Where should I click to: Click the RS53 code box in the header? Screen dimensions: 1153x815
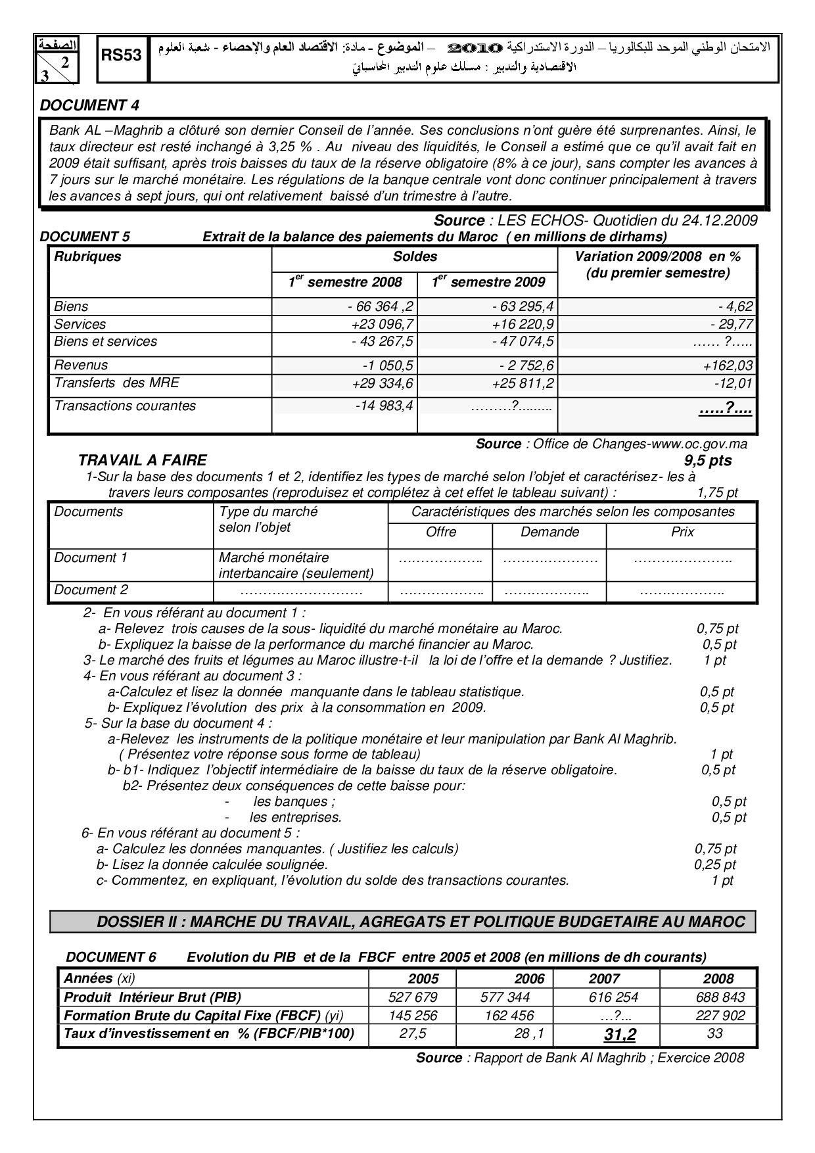122,57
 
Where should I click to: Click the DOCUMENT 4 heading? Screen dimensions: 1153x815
89,105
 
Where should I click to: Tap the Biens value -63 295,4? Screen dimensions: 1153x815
523,306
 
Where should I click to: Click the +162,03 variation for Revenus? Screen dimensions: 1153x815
727,365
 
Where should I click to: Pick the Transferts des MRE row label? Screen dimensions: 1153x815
116,383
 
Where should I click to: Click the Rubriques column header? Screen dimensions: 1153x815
87,257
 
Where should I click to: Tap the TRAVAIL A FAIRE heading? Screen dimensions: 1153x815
142,460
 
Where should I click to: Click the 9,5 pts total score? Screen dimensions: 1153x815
707,460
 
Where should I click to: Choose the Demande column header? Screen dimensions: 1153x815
549,532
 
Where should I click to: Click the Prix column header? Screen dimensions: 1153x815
682,532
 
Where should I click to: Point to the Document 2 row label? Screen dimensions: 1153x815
91,590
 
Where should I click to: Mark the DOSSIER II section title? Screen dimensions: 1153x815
421,922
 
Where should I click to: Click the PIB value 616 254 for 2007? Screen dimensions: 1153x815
613,997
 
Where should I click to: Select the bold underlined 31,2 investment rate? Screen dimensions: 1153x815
620,1035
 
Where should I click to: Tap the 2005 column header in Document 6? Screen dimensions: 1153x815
423,978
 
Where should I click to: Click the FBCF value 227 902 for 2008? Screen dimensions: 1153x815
720,1016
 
